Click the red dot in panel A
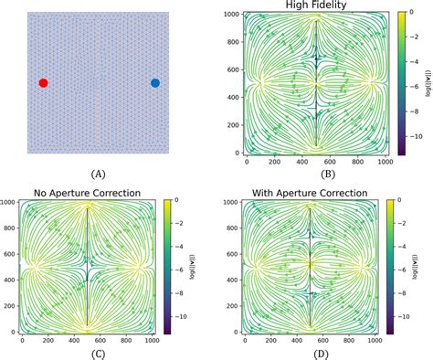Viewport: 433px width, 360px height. [x=43, y=83]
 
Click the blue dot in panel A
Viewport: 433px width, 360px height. [x=154, y=83]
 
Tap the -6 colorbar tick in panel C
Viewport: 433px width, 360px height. [x=178, y=270]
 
